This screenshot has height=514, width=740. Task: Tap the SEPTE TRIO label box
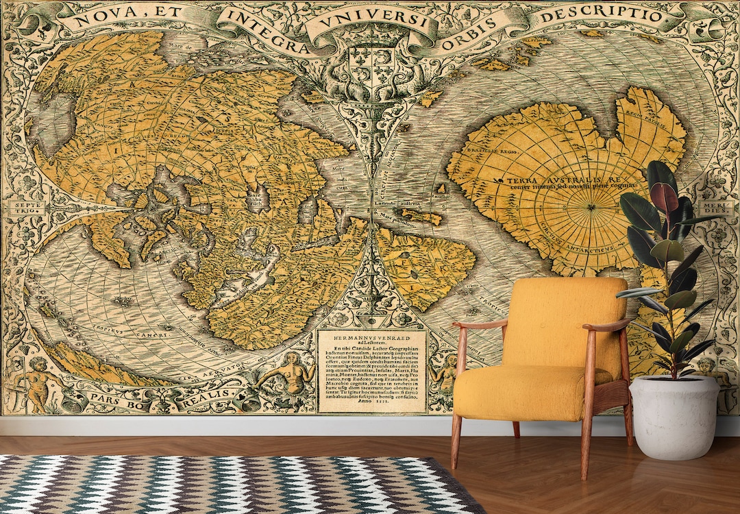click(x=25, y=208)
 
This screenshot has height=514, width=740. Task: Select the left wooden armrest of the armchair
click(x=479, y=323)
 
